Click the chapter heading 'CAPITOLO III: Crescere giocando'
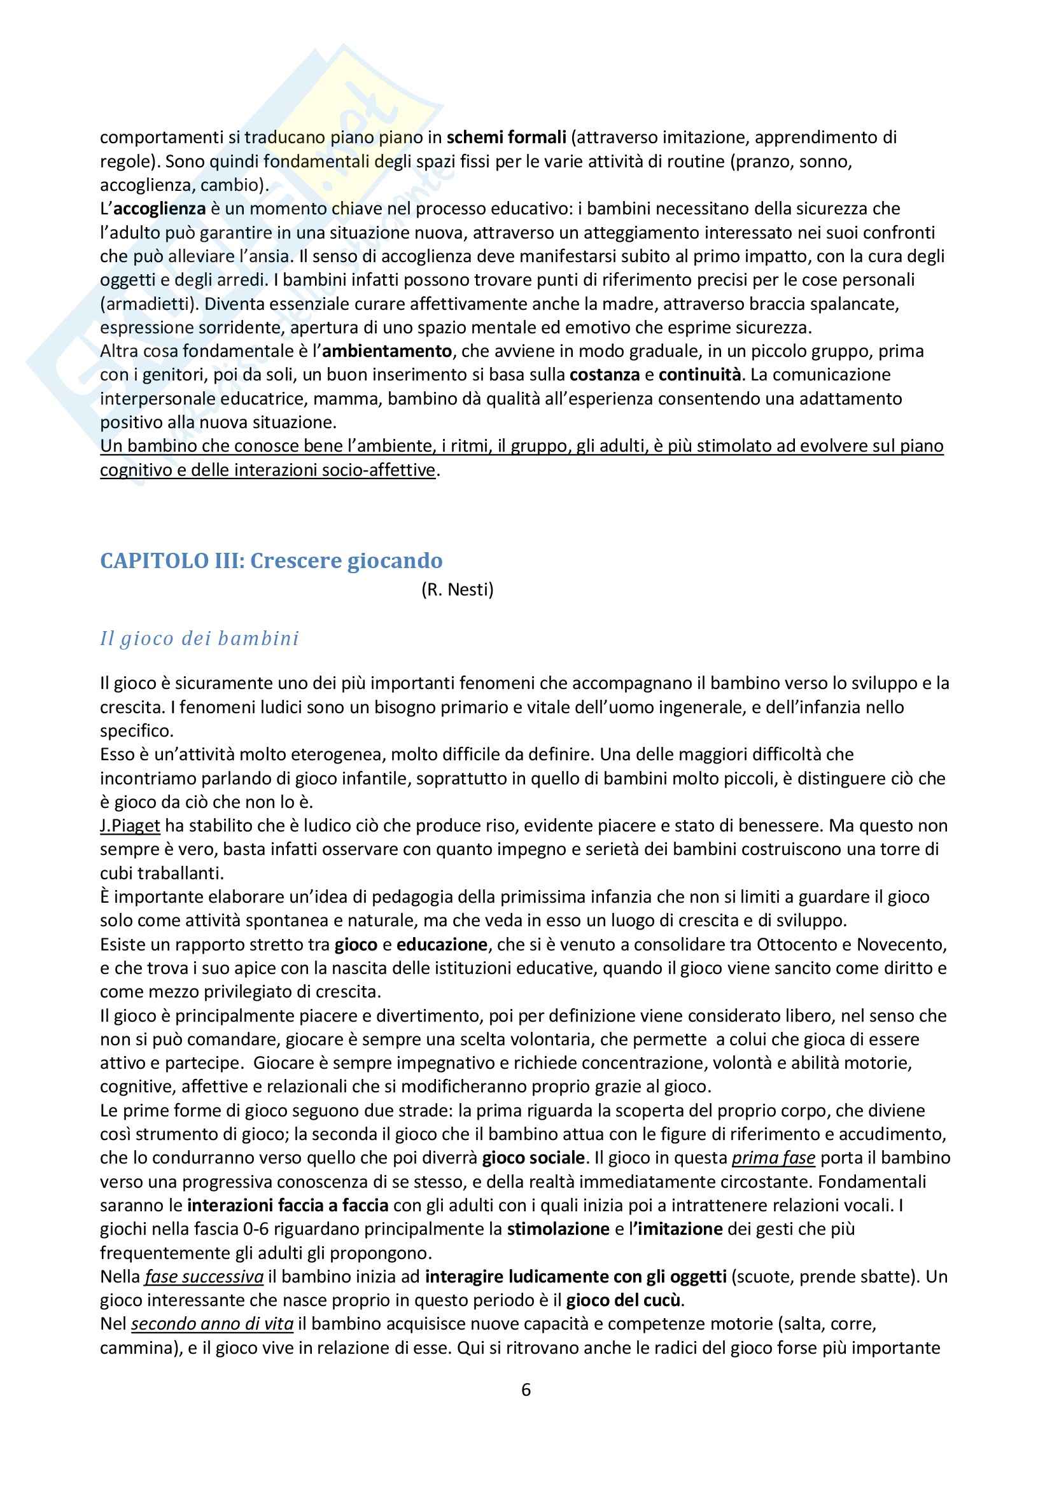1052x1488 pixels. [271, 560]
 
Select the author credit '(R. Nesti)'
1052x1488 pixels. [457, 590]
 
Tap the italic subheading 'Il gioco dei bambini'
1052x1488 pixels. [200, 639]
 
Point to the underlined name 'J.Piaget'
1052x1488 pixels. [130, 826]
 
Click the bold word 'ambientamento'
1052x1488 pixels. [387, 351]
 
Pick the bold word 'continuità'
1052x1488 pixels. [699, 375]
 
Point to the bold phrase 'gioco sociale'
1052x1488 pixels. [533, 1158]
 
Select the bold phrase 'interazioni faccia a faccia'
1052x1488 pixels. [288, 1206]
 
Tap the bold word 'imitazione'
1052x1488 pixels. [680, 1229]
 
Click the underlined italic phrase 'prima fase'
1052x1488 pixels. [773, 1158]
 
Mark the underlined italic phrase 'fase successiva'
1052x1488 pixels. [204, 1277]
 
